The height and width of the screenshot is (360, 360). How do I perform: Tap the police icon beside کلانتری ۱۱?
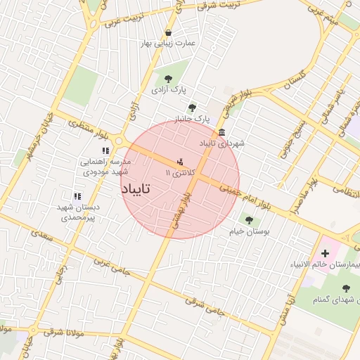181,161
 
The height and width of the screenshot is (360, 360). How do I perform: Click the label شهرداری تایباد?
222,143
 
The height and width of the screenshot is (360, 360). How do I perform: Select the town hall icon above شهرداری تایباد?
222,133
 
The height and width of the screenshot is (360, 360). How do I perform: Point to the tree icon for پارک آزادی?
168,79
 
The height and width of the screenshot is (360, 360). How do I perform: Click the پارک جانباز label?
192,119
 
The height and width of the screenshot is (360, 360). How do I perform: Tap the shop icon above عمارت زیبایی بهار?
168,32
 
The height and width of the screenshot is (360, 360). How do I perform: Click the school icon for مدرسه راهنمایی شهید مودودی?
105,150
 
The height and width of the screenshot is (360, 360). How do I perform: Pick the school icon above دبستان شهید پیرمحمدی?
77,197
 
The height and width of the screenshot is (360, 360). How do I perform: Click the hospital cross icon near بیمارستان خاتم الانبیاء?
324,252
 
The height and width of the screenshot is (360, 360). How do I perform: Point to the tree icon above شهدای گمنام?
345,288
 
